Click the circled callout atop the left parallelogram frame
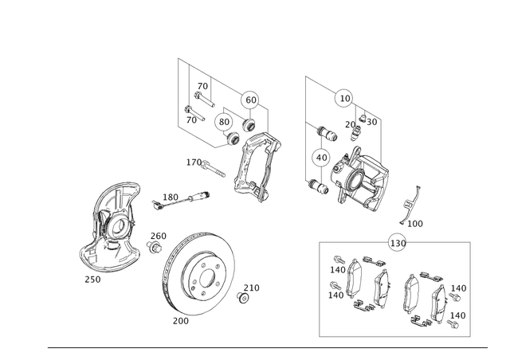[x=249, y=100]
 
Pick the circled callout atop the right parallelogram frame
[x=343, y=98]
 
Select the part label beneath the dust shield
[x=92, y=280]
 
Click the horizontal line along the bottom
[x=267, y=346]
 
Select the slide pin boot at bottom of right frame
[x=320, y=186]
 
